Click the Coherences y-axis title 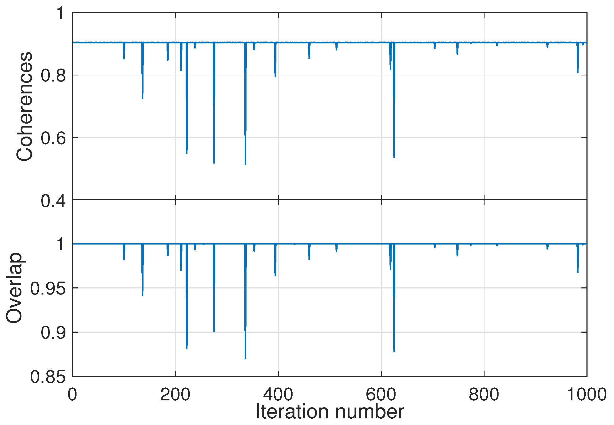(25, 107)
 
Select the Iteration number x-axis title (330, 412)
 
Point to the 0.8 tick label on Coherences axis (53, 75)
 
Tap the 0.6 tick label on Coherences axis (53, 138)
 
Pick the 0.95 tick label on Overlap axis (48, 288)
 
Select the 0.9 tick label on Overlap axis (53, 332)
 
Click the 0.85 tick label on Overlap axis (48, 377)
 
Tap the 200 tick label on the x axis (175, 394)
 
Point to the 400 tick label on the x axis (278, 394)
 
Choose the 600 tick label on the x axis (381, 394)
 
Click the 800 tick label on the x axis (484, 394)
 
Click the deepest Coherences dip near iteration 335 (245, 164)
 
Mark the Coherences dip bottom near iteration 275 (214, 162)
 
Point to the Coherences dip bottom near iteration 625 (394, 157)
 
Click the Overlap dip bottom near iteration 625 (394, 351)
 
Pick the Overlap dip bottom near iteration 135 (142, 295)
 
